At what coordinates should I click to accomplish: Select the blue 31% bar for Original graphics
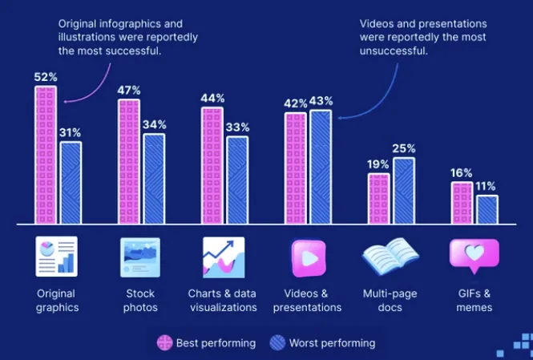coord(71,182)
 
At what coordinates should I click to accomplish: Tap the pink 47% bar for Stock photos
coord(129,160)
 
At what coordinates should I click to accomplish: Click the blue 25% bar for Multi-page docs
coord(404,190)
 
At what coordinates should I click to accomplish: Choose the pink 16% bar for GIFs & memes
coord(461,202)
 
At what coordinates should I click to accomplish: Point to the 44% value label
coord(212,98)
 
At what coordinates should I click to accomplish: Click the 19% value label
coord(378,164)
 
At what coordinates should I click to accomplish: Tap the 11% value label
coord(486,186)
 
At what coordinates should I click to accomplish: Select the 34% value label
coord(154,124)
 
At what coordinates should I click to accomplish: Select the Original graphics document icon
coord(56,257)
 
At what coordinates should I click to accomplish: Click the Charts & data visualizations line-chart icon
coord(223,257)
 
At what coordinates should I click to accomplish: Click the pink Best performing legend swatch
coord(164,343)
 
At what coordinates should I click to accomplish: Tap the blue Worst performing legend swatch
coord(277,343)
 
